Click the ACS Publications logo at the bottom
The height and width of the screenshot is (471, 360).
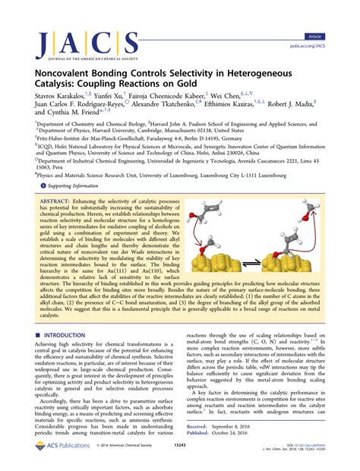46,460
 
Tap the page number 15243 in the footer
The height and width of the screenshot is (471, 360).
181,460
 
